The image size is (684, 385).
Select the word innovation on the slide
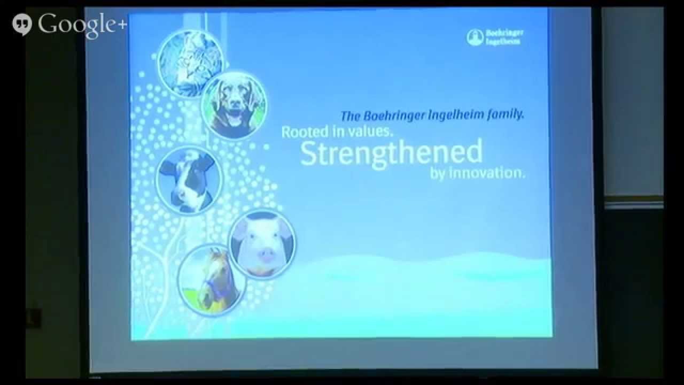(x=487, y=173)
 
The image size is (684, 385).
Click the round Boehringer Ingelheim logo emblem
(x=475, y=37)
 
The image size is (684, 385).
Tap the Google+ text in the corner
(x=82, y=25)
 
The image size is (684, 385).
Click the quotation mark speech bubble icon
(x=22, y=25)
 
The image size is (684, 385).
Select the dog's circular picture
(x=234, y=105)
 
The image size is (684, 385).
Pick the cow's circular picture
(x=189, y=180)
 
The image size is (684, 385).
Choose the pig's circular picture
(x=262, y=244)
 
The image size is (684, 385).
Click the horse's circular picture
(x=212, y=281)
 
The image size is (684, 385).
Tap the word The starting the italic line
(x=351, y=117)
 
